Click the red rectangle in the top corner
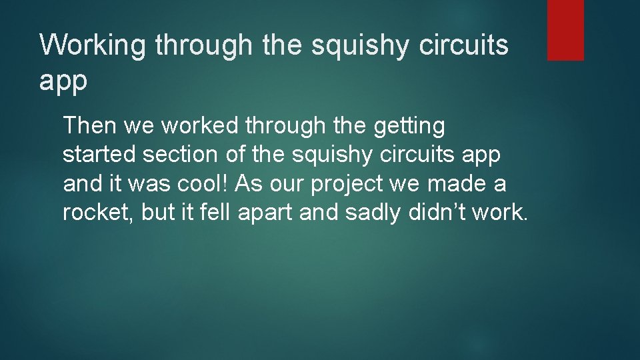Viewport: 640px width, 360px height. pos(565,30)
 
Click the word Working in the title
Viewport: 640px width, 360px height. pos(93,46)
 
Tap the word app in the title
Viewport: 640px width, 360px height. pos(63,81)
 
